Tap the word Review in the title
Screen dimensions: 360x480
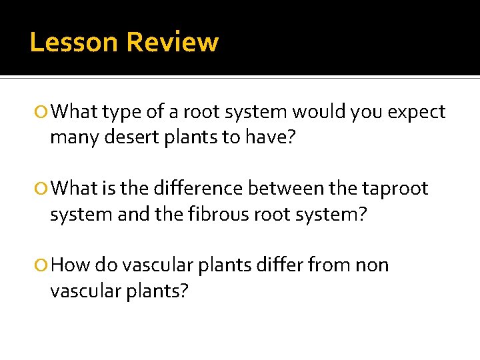coord(172,43)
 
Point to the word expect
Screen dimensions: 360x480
coord(416,112)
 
